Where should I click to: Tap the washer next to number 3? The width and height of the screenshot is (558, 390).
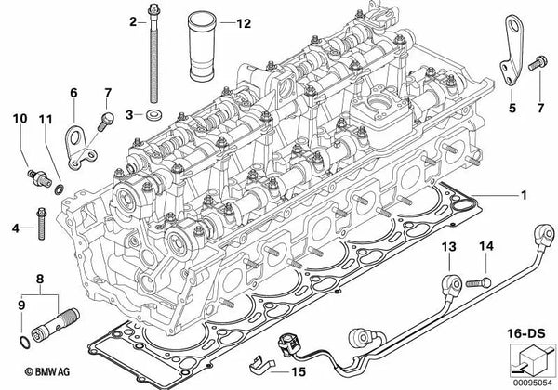(x=154, y=115)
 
